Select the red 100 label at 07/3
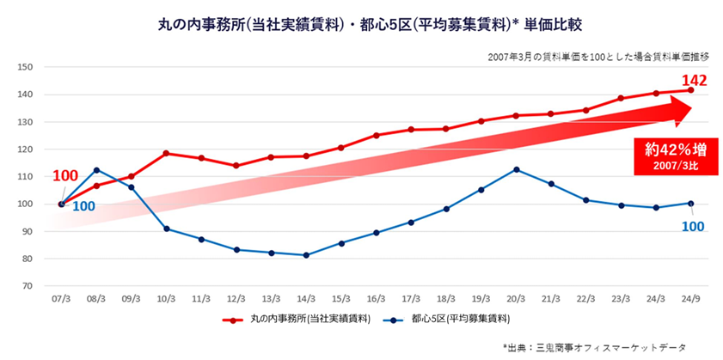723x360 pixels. pyautogui.click(x=65, y=176)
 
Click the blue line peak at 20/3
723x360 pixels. pyautogui.click(x=517, y=169)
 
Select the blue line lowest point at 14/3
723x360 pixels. pyautogui.click(x=306, y=255)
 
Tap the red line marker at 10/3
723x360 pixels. pyautogui.click(x=166, y=153)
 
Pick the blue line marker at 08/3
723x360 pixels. pyautogui.click(x=96, y=169)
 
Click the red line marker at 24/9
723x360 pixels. pyautogui.click(x=691, y=89)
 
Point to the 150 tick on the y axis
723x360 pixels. pyautogui.click(x=26, y=67)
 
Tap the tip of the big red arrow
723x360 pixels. pyautogui.click(x=692, y=109)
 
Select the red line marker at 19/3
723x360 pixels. pyautogui.click(x=481, y=121)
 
